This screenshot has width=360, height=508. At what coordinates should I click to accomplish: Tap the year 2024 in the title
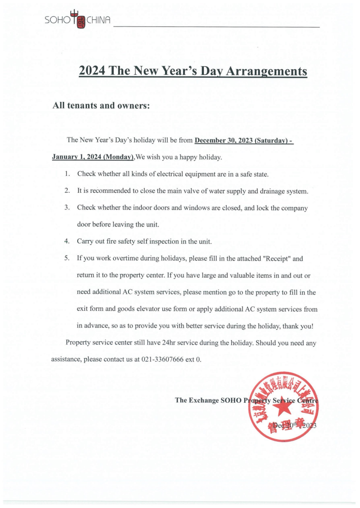click(x=92, y=71)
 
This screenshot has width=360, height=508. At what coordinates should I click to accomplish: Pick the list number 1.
click(x=67, y=174)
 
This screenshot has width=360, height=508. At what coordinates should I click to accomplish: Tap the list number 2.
click(x=67, y=191)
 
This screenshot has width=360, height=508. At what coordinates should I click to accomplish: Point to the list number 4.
click(x=67, y=241)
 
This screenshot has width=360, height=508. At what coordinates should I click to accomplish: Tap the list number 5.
click(x=67, y=259)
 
